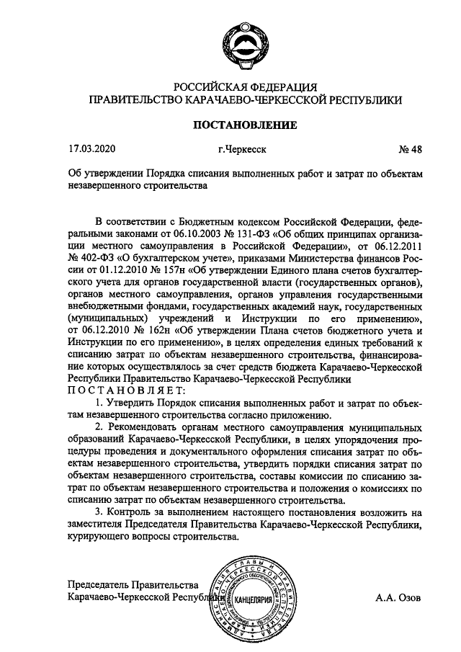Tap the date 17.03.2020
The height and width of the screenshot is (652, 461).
91,150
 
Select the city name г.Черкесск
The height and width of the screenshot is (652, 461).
242,150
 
